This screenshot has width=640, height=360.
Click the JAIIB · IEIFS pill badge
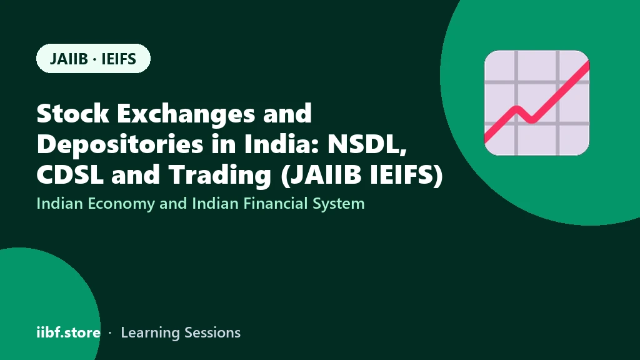(94, 58)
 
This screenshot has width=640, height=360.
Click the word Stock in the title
(72, 113)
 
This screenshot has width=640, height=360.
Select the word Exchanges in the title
(186, 114)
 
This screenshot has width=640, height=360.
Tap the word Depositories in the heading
(120, 145)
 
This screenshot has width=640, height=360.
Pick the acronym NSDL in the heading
(367, 144)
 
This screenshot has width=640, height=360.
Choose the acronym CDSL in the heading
(70, 174)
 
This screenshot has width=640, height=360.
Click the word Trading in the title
(220, 176)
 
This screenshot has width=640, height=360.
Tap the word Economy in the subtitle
(121, 204)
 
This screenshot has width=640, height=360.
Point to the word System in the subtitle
(338, 204)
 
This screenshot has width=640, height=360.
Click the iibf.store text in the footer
(69, 332)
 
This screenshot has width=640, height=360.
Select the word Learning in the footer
(150, 333)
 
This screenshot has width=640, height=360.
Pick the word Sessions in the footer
(212, 332)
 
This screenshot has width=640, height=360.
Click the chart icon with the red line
(537, 103)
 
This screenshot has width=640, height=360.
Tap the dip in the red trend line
(531, 120)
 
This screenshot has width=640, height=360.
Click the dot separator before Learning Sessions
(110, 333)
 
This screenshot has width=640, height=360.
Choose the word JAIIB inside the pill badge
(69, 59)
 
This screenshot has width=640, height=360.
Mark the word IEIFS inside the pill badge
(119, 59)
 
